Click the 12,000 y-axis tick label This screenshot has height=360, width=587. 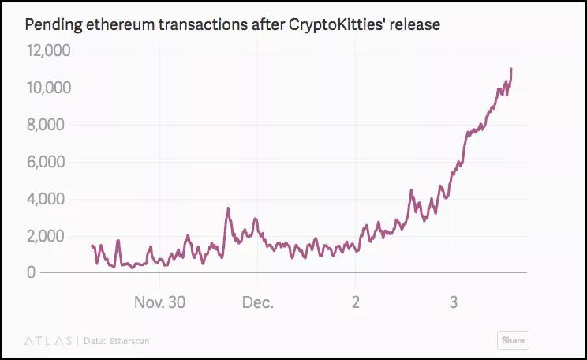pyautogui.click(x=49, y=51)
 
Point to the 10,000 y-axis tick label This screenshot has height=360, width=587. pyautogui.click(x=49, y=88)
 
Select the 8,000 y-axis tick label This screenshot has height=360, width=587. pyautogui.click(x=52, y=125)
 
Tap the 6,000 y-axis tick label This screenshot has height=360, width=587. pyautogui.click(x=52, y=162)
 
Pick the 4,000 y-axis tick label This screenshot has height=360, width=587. pyautogui.click(x=52, y=199)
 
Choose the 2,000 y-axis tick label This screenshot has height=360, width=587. pyautogui.click(x=52, y=236)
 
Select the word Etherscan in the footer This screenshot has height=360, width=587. pyautogui.click(x=129, y=341)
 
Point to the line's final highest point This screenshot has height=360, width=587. pyautogui.click(x=511, y=69)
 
